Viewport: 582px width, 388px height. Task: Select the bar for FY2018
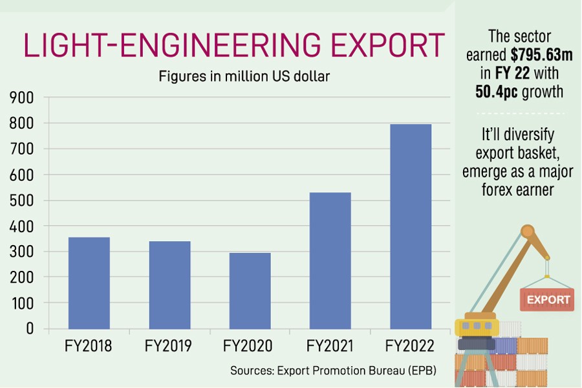tap(89, 283)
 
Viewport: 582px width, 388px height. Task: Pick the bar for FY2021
tap(330, 260)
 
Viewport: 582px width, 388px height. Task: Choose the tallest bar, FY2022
tap(411, 226)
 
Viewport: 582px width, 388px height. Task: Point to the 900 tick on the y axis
tap(21, 98)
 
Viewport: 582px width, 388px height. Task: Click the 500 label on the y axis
tap(21, 200)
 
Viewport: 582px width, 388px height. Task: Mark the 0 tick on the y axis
tap(29, 329)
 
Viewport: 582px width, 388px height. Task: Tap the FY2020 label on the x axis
tap(250, 347)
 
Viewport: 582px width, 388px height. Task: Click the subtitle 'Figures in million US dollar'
tap(244, 77)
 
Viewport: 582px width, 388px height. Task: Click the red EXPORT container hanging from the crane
tap(547, 299)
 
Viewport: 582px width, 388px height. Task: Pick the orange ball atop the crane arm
tap(528, 231)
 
